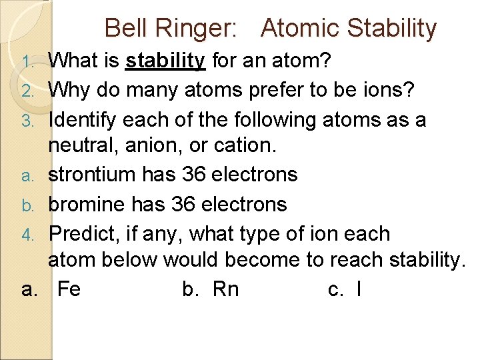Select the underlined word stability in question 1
tap(165, 61)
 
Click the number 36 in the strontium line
tap(193, 174)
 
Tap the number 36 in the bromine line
tap(183, 203)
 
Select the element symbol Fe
tap(69, 289)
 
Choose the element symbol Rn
tap(225, 289)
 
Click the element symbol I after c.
tap(359, 289)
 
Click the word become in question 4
tap(261, 259)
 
